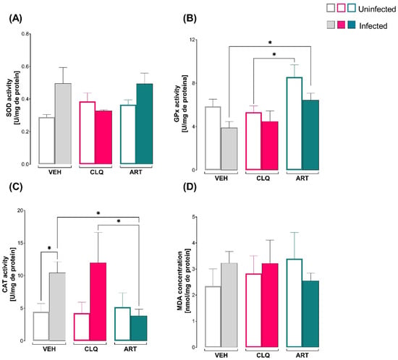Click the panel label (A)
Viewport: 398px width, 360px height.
pos(15,19)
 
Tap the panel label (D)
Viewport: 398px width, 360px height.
pos(190,187)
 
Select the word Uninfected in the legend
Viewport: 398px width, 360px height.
pos(377,9)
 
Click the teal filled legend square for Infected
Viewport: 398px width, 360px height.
pos(352,25)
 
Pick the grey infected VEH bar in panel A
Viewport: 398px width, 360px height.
pos(63,124)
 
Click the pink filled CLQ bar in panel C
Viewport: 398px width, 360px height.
pos(98,301)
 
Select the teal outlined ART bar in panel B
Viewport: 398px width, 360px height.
pos(295,124)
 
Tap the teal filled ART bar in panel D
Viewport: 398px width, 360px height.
pos(310,314)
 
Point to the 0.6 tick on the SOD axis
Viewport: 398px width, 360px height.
pos(25,67)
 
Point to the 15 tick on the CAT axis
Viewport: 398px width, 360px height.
pos(20,243)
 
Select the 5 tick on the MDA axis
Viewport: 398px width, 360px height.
pos(193,217)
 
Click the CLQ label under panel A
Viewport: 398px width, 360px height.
pos(97,172)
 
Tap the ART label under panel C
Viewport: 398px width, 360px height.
pos(130,349)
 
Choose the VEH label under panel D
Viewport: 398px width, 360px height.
pos(221,355)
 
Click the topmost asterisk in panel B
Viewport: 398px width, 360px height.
pos(270,43)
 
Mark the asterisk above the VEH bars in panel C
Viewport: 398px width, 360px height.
pos(49,248)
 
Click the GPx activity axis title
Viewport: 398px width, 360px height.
pos(180,103)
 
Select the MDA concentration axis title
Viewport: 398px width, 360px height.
pos(184,280)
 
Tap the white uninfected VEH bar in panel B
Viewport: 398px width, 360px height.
pos(213,138)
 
